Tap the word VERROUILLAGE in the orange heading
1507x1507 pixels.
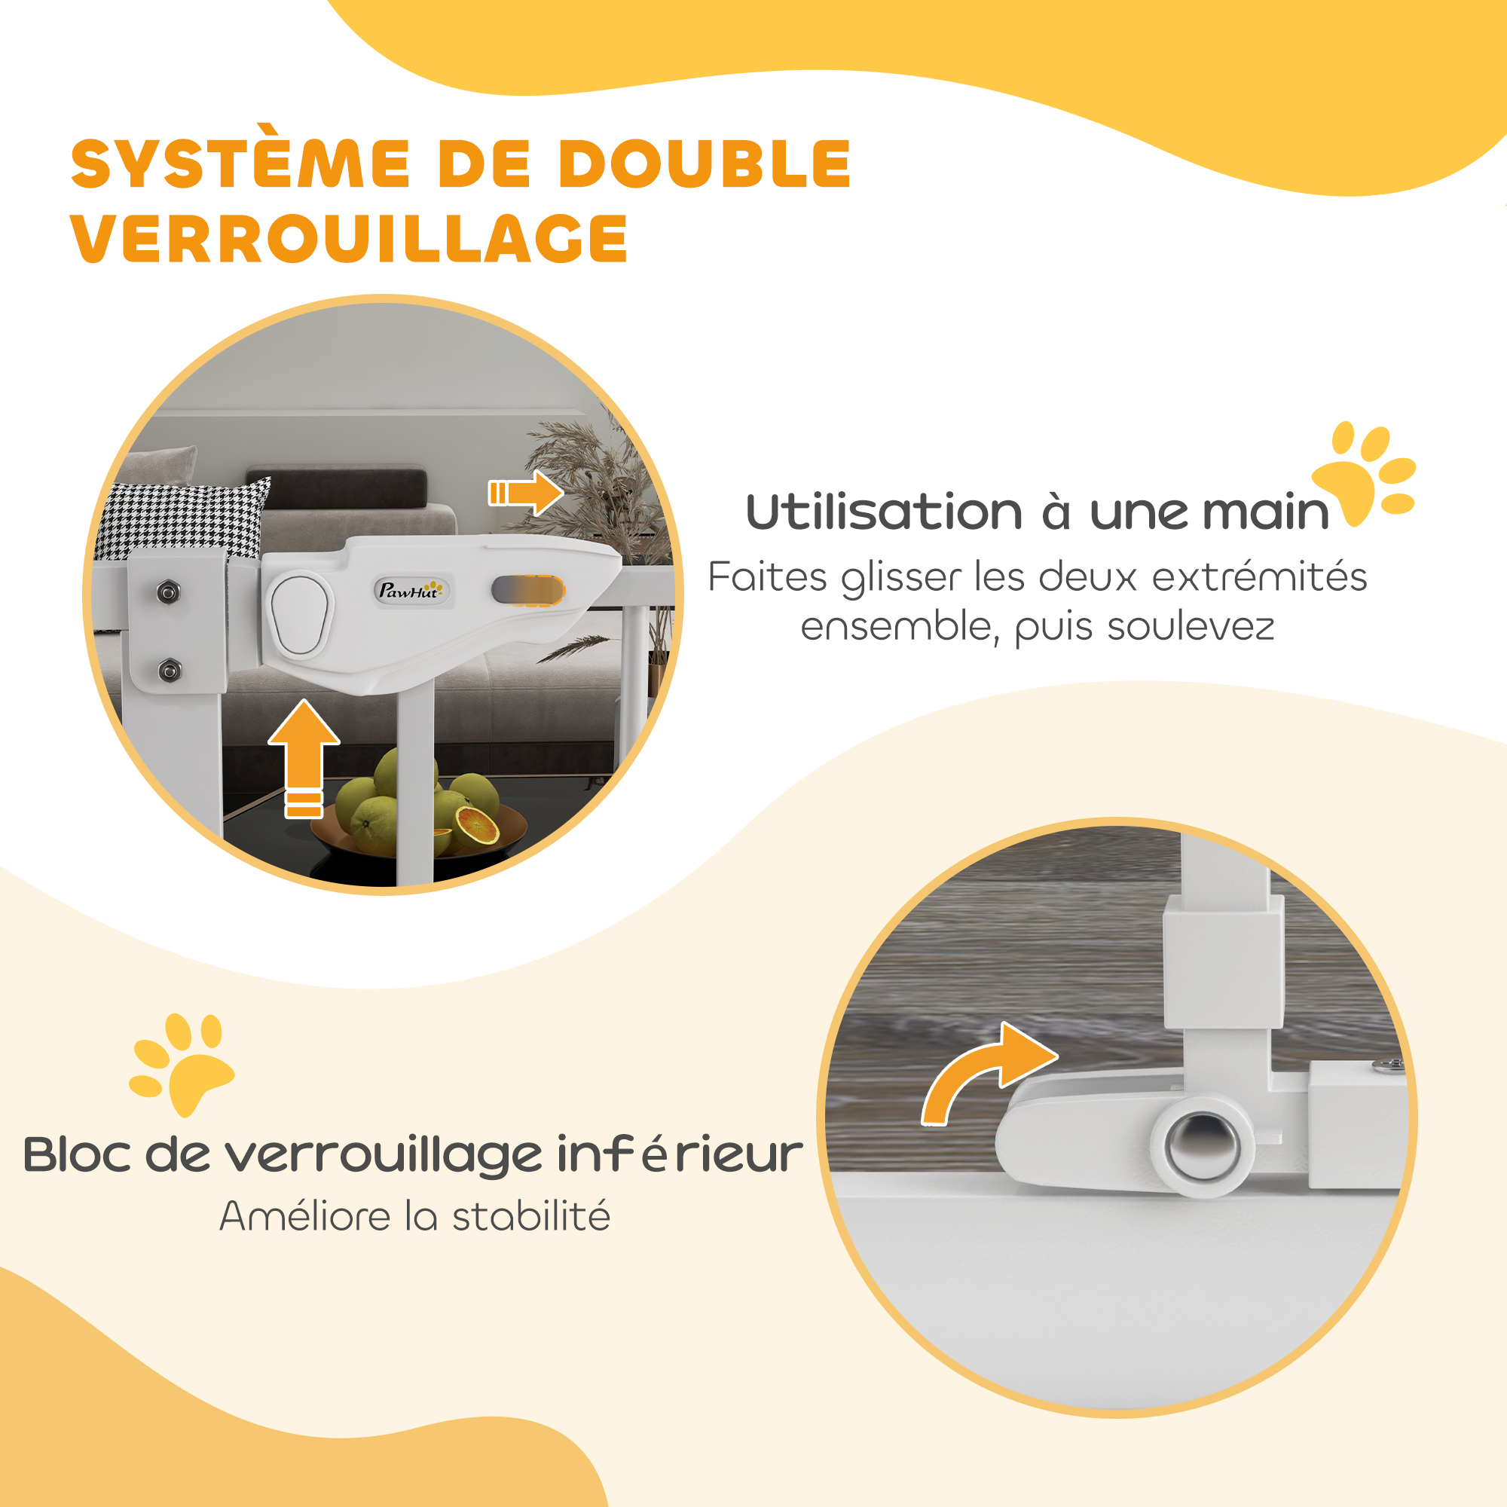point(350,239)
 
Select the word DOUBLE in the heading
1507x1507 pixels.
point(705,164)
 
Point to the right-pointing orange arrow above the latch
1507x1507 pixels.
point(526,492)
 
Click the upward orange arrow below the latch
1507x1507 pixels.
point(304,758)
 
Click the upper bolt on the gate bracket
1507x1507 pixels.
point(168,592)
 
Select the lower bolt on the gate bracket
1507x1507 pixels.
point(170,669)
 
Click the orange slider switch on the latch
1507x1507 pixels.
point(528,591)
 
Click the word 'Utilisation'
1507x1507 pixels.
point(884,512)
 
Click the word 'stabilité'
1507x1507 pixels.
point(531,1216)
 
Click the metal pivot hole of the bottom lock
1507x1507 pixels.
point(1202,1145)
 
